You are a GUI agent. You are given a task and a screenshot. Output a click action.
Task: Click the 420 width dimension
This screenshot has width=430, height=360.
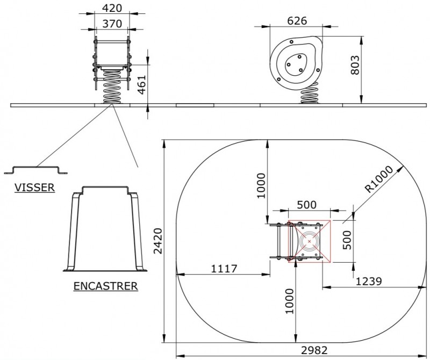(x=112, y=8)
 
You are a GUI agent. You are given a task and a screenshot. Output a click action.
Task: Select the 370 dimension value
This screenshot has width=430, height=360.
(x=112, y=24)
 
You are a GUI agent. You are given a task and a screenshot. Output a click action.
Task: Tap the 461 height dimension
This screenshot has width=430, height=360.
(x=141, y=84)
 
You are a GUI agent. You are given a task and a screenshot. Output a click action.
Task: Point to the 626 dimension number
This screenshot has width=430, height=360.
(x=297, y=21)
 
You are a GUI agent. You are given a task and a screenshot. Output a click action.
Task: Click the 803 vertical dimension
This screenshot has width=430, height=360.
(x=355, y=65)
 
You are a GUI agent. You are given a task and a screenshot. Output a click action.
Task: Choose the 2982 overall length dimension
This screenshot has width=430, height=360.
(x=314, y=350)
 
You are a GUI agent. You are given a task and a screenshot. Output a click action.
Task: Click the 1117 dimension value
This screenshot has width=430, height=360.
(x=224, y=269)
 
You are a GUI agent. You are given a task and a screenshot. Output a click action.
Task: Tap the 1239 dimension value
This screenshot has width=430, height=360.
(x=369, y=281)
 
